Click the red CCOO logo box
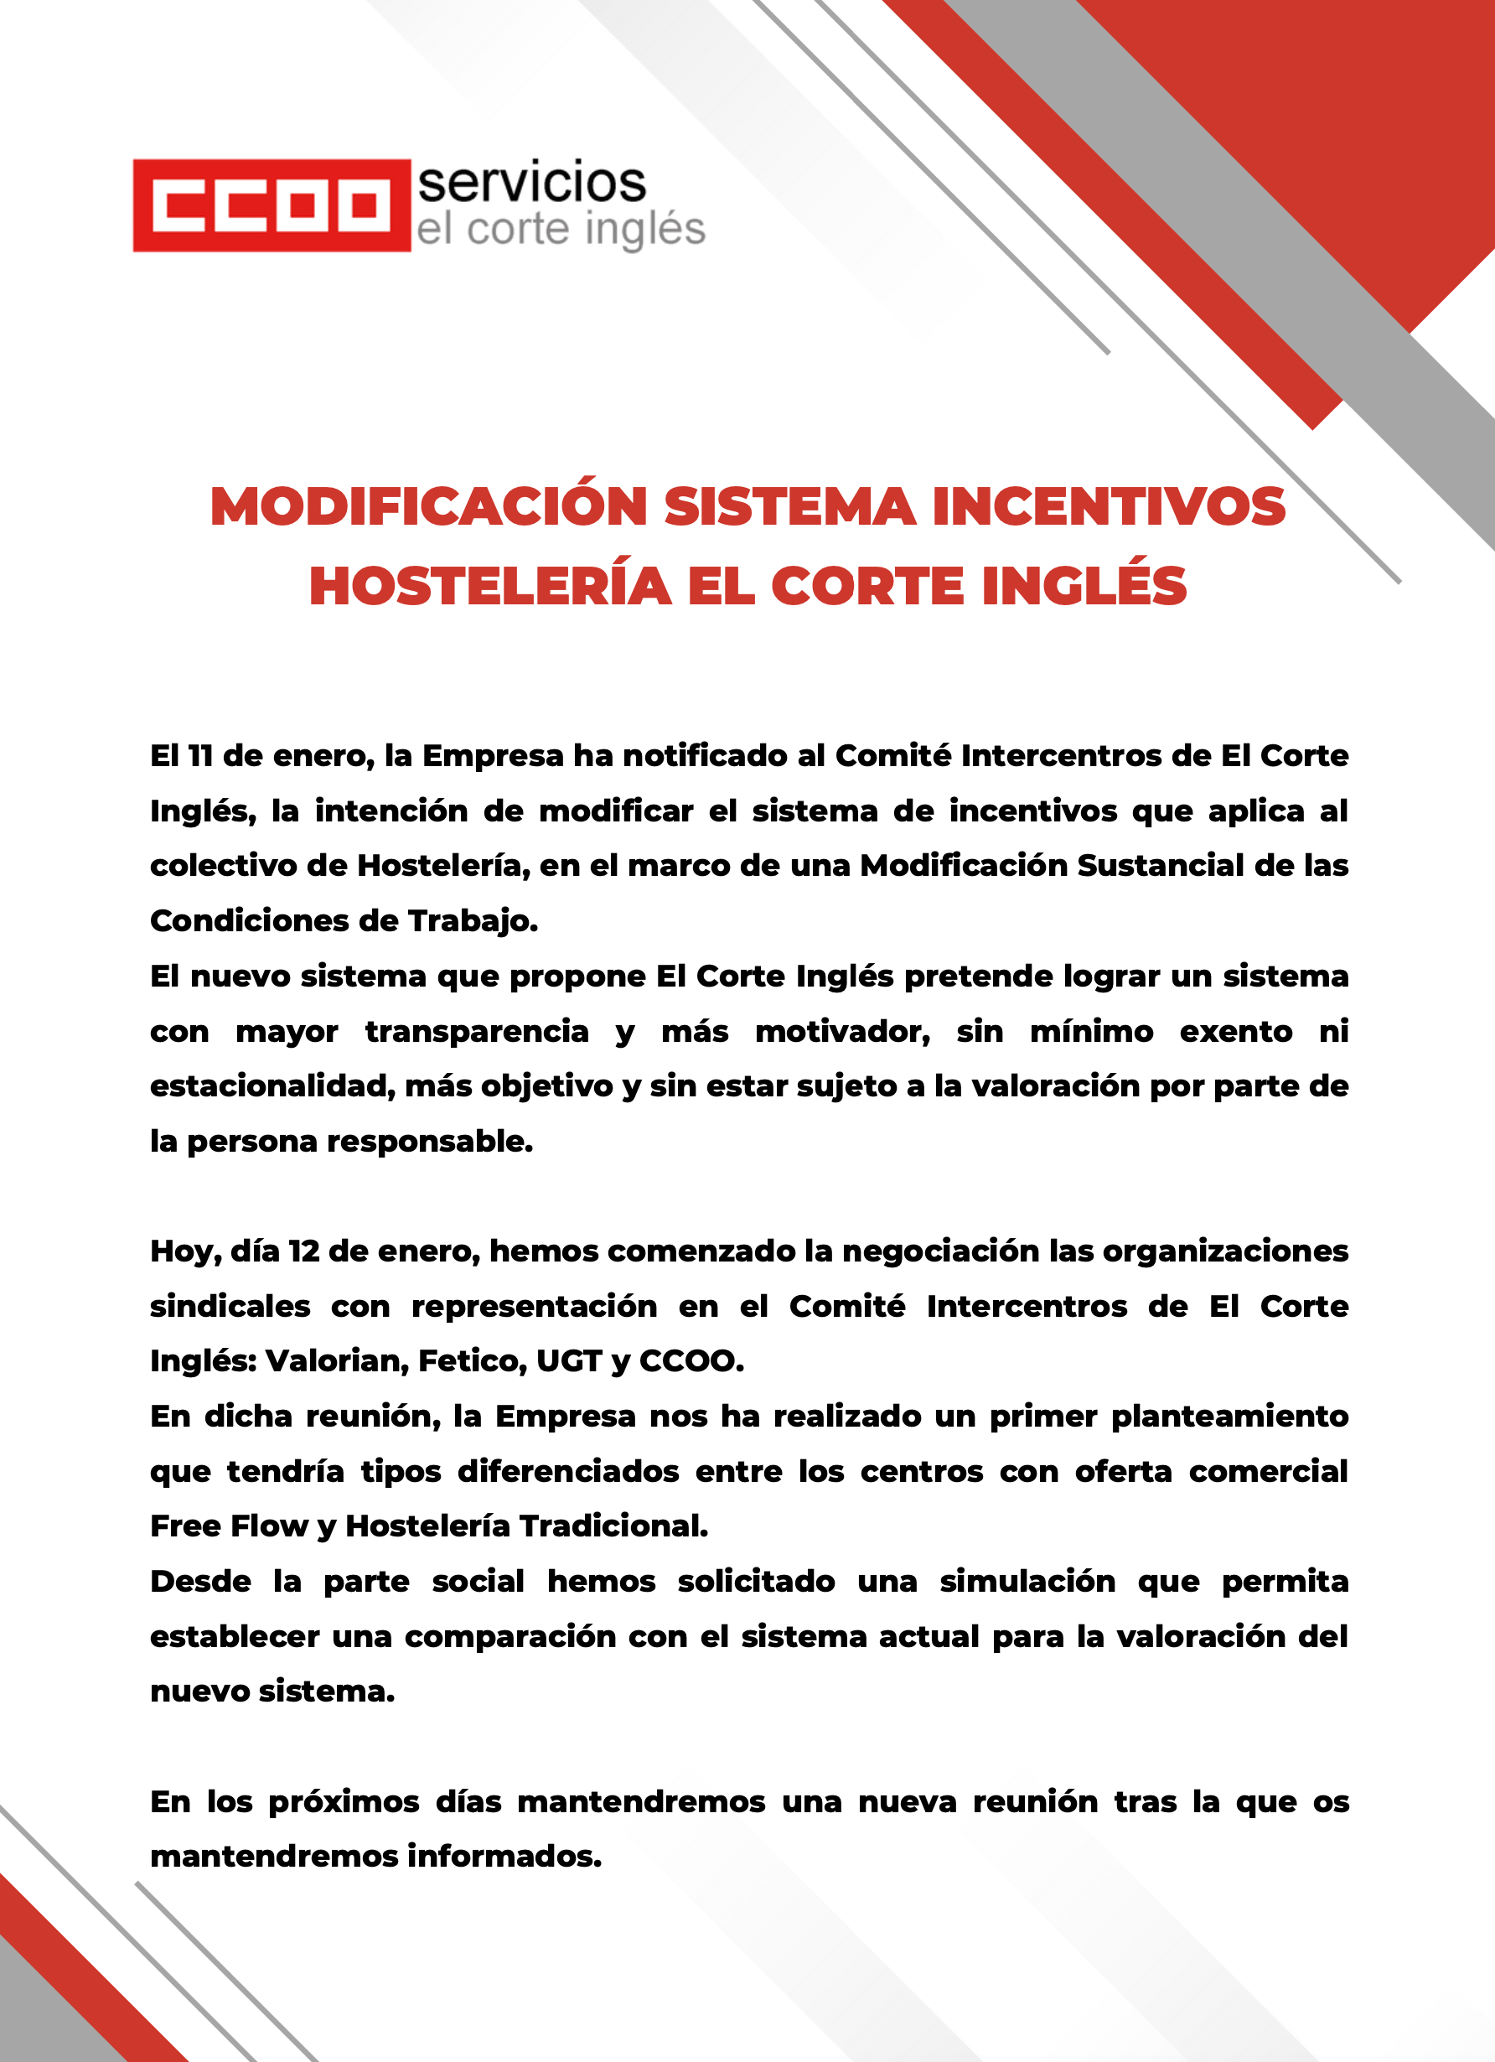tap(271, 205)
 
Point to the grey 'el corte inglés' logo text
tap(561, 230)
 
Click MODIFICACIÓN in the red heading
tap(428, 506)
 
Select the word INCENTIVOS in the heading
tap(1109, 506)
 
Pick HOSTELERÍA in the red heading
tap(490, 587)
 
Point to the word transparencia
tap(476, 1031)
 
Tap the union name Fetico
tap(472, 1361)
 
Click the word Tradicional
tap(613, 1526)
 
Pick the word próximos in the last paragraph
tap(344, 1801)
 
